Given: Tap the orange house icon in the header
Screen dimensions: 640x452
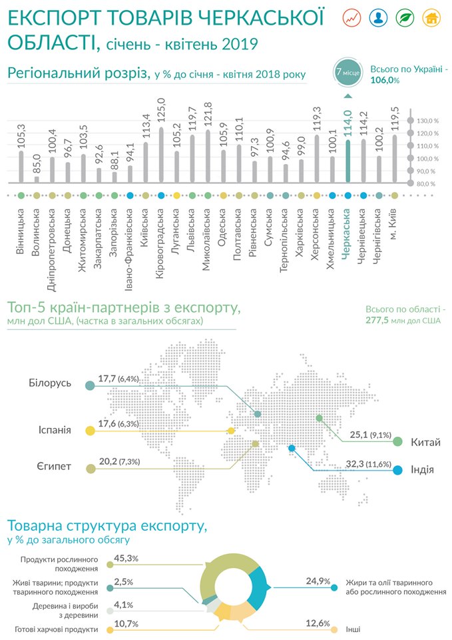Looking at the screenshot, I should [x=433, y=18].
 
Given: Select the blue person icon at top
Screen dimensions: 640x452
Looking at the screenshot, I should [x=379, y=18].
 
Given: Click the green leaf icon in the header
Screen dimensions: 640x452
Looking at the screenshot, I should [x=406, y=18].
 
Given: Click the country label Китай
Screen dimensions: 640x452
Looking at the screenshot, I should [x=425, y=441].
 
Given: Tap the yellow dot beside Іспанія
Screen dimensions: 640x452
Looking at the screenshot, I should [x=90, y=431].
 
